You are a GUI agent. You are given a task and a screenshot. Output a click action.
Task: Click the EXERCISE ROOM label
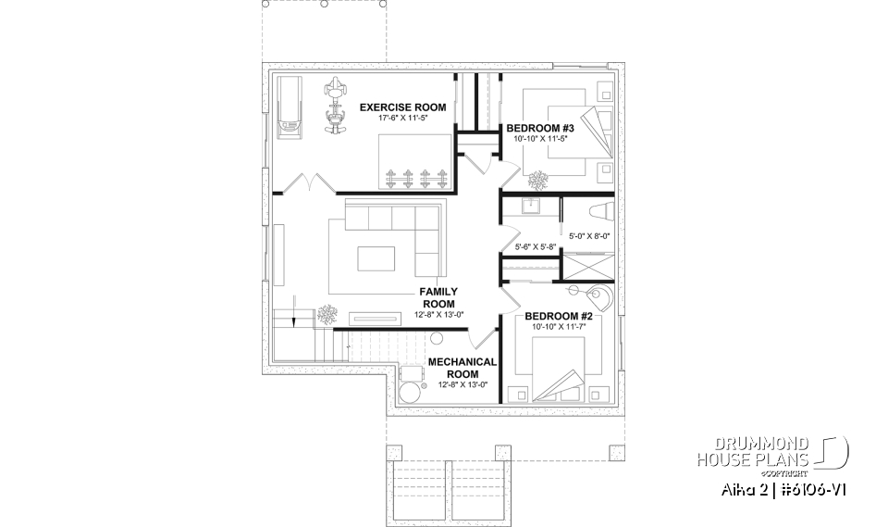(x=402, y=107)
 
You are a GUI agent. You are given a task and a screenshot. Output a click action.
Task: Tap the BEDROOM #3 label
(x=540, y=127)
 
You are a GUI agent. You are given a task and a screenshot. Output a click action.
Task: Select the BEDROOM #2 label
(x=558, y=316)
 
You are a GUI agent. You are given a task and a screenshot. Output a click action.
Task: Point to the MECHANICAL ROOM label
(x=462, y=367)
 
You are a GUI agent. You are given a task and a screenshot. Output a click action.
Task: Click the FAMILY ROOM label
(x=438, y=297)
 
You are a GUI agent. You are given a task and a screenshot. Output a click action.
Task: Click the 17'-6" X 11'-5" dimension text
(x=402, y=119)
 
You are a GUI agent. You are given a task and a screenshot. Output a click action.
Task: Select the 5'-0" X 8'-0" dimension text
(x=589, y=236)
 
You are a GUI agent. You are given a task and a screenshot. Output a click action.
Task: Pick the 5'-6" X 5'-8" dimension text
(x=535, y=247)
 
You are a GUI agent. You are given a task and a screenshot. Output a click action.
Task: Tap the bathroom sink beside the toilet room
(x=532, y=207)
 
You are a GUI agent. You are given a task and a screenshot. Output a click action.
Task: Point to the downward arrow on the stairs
(x=293, y=314)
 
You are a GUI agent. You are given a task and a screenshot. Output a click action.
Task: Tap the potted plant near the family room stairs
(x=327, y=314)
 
